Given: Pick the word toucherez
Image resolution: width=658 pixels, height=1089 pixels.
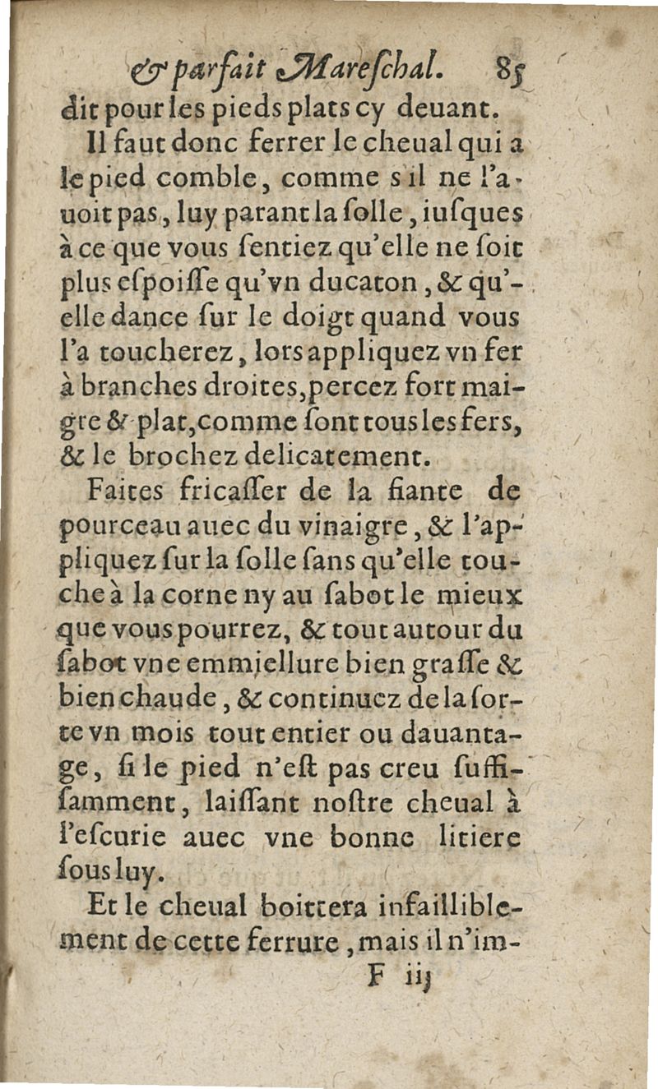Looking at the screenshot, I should pyautogui.click(x=184, y=353).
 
